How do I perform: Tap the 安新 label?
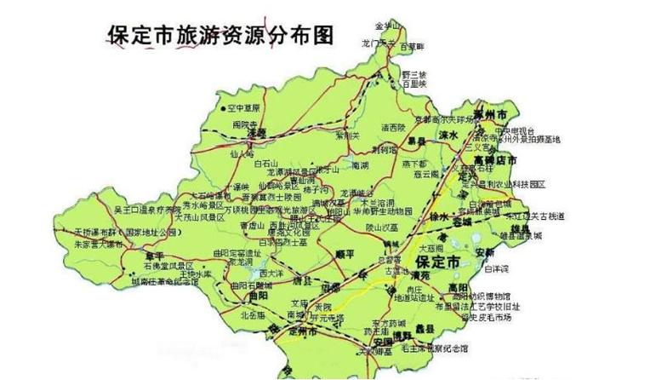tap(485, 252)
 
